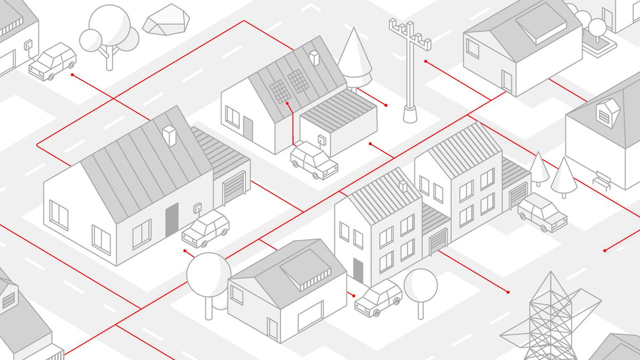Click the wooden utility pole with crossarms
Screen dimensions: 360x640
(x=410, y=69)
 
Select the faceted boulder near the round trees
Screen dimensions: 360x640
(x=166, y=20)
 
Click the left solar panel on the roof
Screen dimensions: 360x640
(x=279, y=90)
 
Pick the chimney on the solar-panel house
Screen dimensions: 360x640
(x=314, y=58)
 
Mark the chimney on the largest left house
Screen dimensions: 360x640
(x=170, y=135)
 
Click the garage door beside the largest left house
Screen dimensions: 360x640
(x=234, y=188)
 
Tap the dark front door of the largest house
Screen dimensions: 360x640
(x=172, y=220)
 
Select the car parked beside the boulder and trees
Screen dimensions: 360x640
(x=52, y=61)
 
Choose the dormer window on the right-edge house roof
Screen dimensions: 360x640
(x=607, y=113)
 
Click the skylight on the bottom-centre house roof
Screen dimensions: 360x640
(x=306, y=270)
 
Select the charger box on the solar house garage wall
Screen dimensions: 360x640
(x=322, y=141)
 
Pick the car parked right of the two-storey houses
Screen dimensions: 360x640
(x=542, y=212)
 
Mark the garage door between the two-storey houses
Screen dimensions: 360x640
(x=438, y=242)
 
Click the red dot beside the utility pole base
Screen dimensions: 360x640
(x=386, y=106)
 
